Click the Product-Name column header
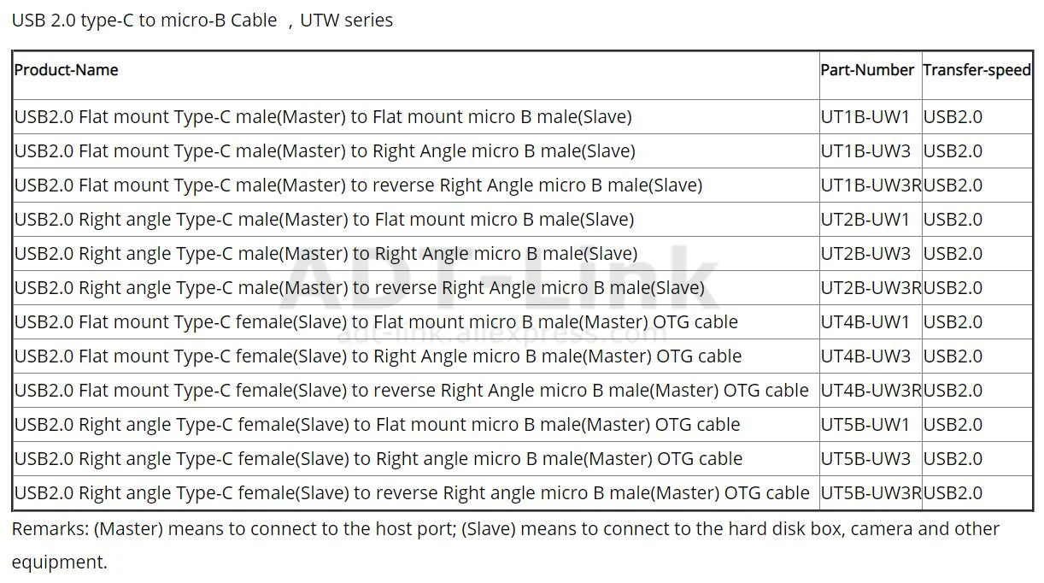(67, 70)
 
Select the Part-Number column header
(867, 70)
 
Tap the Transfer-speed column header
(977, 70)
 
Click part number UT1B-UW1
(865, 117)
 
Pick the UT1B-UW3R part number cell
(871, 185)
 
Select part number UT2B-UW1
(865, 220)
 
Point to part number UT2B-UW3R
(871, 288)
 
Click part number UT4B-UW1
(865, 322)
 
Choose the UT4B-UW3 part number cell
(865, 356)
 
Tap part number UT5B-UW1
(865, 425)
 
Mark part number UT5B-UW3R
(871, 493)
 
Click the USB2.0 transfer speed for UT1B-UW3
(953, 151)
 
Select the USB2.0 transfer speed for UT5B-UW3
(953, 459)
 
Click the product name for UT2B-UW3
(326, 254)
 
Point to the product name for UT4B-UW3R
(411, 391)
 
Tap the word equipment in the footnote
(58, 562)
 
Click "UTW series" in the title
(345, 20)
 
